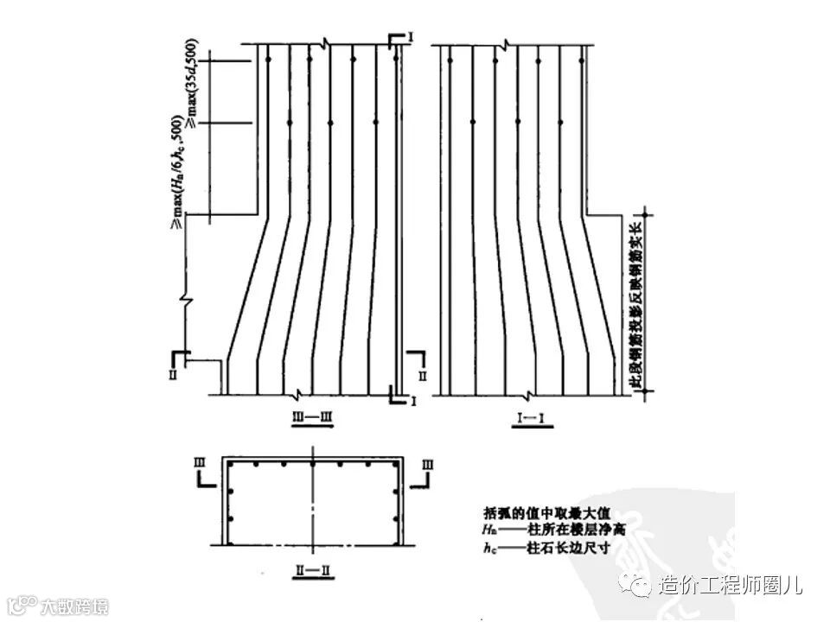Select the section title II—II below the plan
310,572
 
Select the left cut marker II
173,375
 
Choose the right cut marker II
422,376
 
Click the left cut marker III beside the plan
198,464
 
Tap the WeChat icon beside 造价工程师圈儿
642,587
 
